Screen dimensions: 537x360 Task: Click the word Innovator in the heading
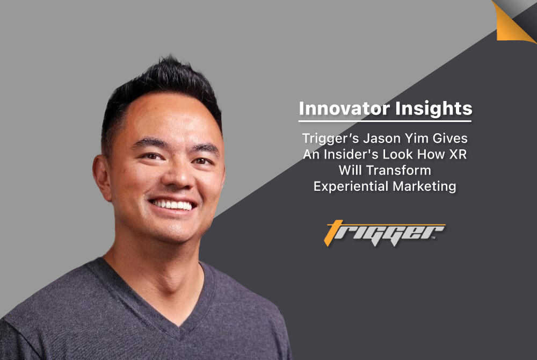[x=344, y=108]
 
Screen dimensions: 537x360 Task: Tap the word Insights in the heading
[x=433, y=109]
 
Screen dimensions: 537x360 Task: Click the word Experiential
[x=351, y=186]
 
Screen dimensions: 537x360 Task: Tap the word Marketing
[x=424, y=186]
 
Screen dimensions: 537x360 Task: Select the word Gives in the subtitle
[x=450, y=139]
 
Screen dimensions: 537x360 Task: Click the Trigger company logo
[x=384, y=233]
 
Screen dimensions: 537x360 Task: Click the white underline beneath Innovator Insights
[x=385, y=121]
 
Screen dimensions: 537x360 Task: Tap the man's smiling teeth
[x=172, y=205]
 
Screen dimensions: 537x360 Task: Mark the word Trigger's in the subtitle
[x=330, y=139]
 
